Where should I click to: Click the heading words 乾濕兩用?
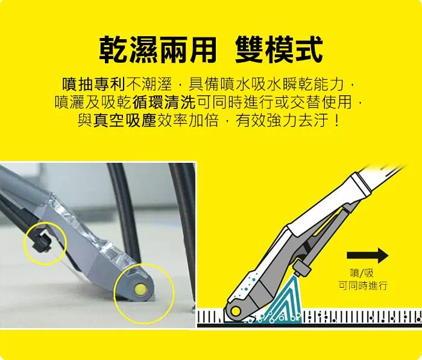157,49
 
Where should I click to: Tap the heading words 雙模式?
279,49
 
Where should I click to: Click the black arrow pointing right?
367,253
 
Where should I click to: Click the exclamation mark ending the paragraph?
336,119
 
